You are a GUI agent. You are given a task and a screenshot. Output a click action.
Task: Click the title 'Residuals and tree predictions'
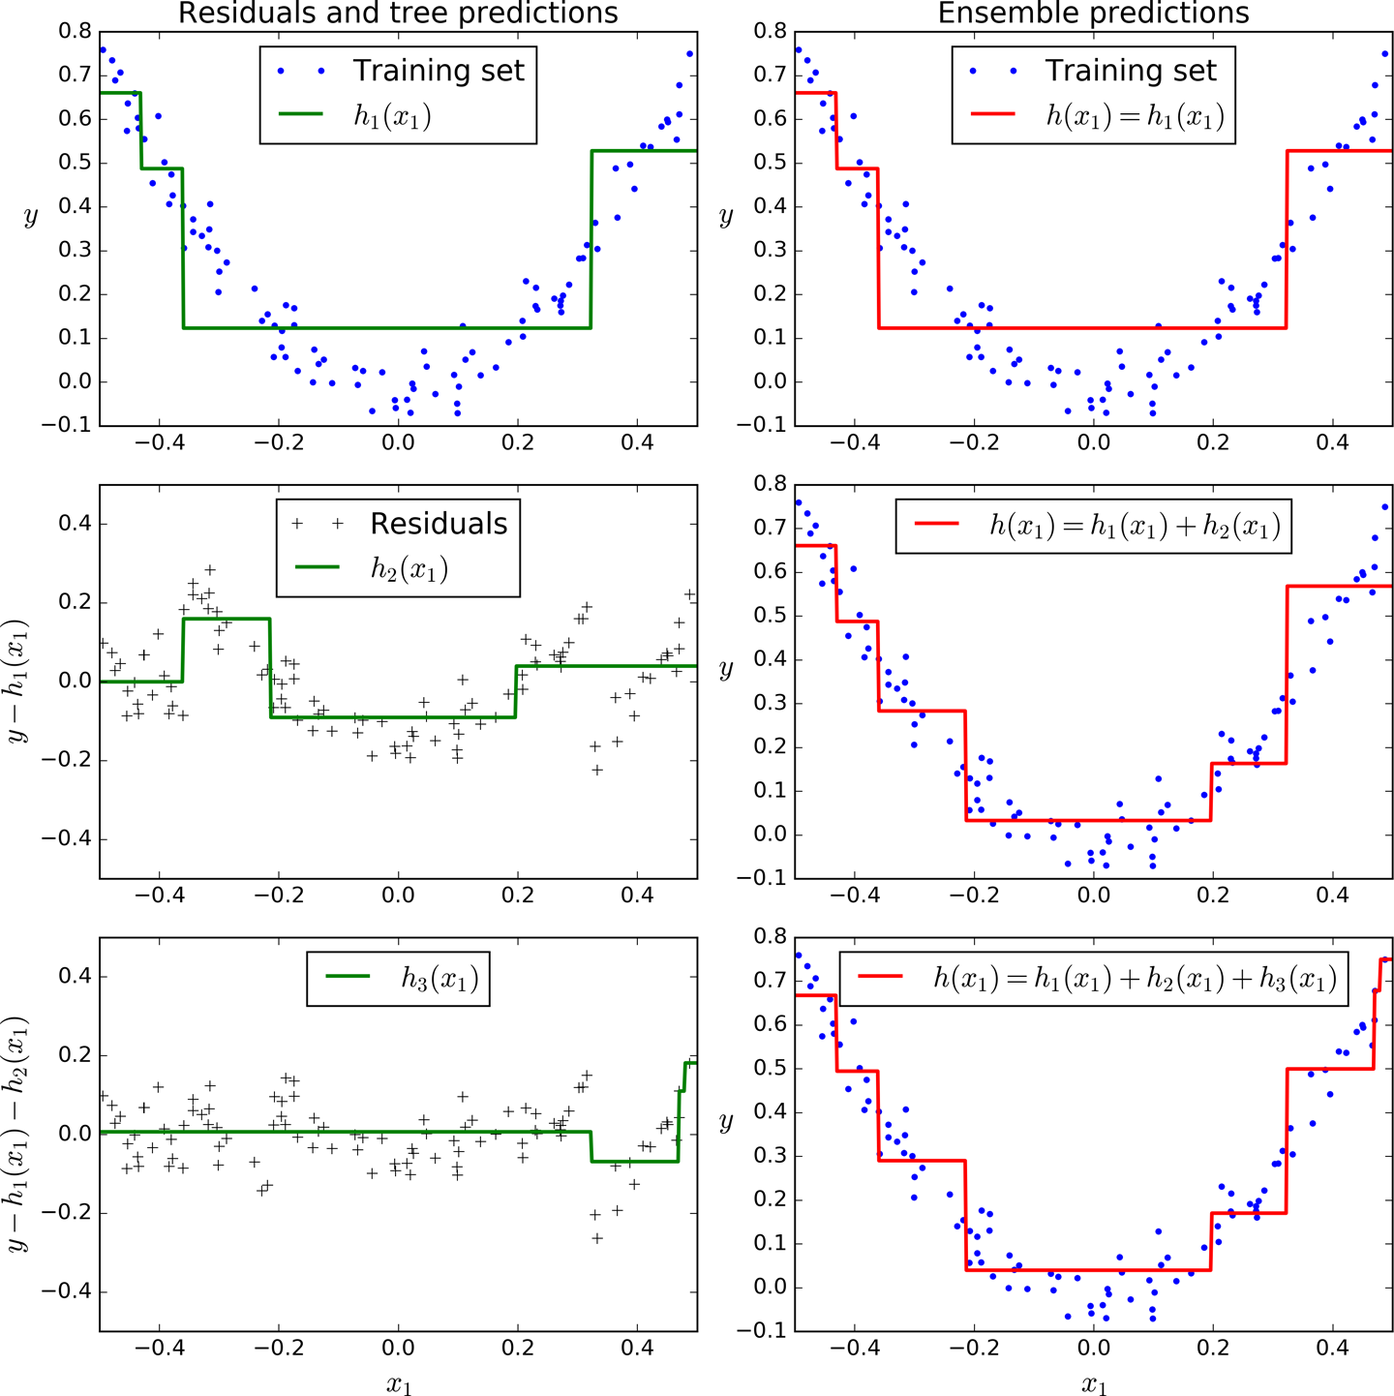[398, 14]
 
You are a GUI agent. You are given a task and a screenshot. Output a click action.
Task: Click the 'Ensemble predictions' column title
[1093, 14]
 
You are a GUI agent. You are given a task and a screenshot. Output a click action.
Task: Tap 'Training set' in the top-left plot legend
[438, 71]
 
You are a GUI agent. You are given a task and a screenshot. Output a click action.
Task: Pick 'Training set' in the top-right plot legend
[1130, 71]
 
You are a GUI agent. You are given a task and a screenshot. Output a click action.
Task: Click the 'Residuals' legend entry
[439, 524]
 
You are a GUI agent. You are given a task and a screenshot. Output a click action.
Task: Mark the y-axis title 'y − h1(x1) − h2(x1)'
[17, 1134]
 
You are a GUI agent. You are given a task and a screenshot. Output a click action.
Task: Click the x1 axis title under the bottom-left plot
[399, 1384]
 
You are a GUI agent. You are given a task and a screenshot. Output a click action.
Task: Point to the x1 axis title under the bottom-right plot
[1094, 1384]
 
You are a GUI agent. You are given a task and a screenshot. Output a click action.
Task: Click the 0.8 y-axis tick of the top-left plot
[75, 31]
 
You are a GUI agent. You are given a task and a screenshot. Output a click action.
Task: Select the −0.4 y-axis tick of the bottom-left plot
[66, 1291]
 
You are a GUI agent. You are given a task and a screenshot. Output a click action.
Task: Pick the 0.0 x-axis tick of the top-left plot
[398, 443]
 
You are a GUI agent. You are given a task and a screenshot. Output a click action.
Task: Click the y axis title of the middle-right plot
[726, 669]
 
